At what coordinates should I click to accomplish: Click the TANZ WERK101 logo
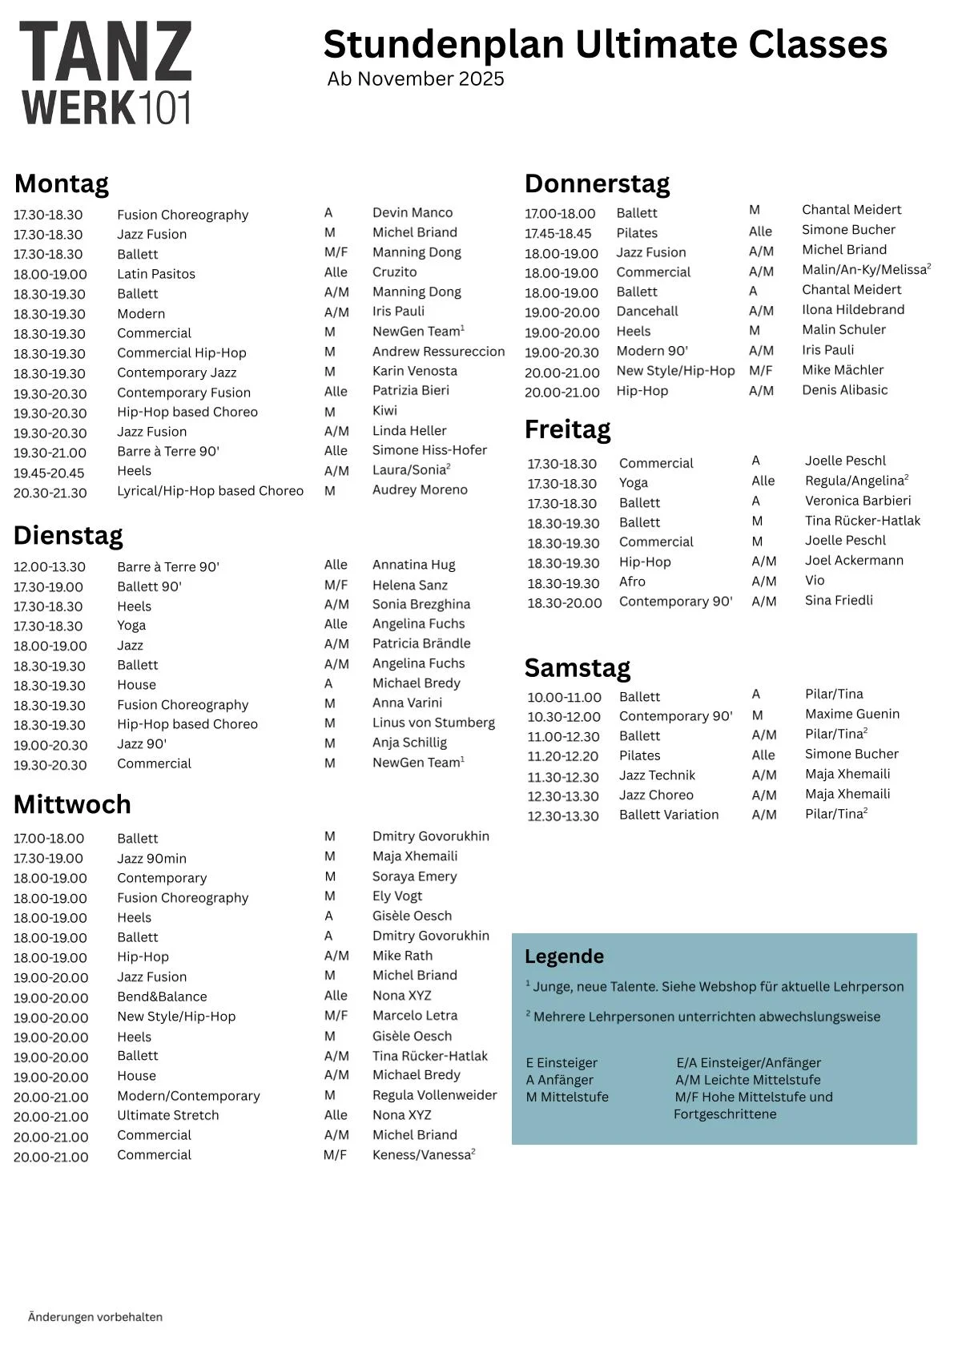pyautogui.click(x=106, y=73)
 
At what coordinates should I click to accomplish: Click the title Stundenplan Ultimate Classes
pyautogui.click(x=605, y=44)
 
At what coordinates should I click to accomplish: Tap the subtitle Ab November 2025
pyautogui.click(x=416, y=79)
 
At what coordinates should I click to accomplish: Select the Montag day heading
pyautogui.click(x=62, y=183)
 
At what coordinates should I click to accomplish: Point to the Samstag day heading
pyautogui.click(x=577, y=667)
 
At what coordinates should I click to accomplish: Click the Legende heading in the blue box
pyautogui.click(x=564, y=956)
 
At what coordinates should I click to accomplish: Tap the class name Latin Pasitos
pyautogui.click(x=156, y=274)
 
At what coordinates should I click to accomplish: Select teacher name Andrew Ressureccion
pyautogui.click(x=438, y=352)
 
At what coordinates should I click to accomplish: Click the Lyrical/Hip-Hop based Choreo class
pyautogui.click(x=210, y=491)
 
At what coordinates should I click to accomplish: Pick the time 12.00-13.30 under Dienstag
pyautogui.click(x=49, y=567)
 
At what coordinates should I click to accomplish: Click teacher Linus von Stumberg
pyautogui.click(x=433, y=723)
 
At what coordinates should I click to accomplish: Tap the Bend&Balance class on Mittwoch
pyautogui.click(x=162, y=997)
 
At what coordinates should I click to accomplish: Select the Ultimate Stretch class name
pyautogui.click(x=167, y=1115)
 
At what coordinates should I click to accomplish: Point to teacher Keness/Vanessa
pyautogui.click(x=422, y=1155)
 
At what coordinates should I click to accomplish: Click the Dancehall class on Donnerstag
pyautogui.click(x=647, y=312)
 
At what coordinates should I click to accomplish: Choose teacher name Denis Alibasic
pyautogui.click(x=844, y=390)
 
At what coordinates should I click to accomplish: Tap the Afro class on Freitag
pyautogui.click(x=632, y=582)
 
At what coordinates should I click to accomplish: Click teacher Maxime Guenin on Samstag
pyautogui.click(x=851, y=714)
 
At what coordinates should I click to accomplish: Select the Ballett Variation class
pyautogui.click(x=669, y=815)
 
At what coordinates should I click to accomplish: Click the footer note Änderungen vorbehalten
pyautogui.click(x=95, y=1317)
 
